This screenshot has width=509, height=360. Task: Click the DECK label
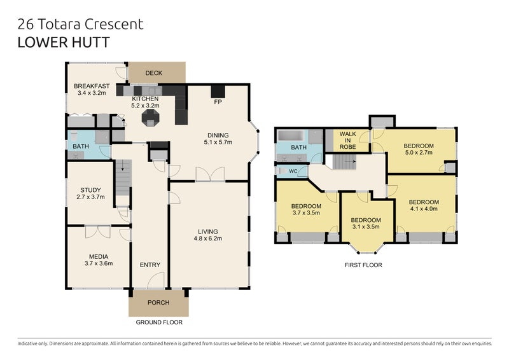[x=153, y=73]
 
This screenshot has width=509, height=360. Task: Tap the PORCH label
[x=158, y=303]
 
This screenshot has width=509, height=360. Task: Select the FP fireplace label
[x=218, y=102]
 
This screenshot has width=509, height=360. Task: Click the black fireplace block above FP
[x=218, y=91]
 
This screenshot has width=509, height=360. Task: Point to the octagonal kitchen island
[x=150, y=118]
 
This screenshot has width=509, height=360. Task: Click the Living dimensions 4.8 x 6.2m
[x=208, y=239]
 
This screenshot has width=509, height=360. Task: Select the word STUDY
[x=90, y=190]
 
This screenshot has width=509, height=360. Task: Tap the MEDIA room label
[x=99, y=257]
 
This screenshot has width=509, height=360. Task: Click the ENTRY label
[x=150, y=265]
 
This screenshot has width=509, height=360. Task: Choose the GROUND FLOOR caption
[x=159, y=322]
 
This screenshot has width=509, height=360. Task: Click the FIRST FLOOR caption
[x=363, y=265]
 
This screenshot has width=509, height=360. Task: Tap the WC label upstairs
[x=293, y=171]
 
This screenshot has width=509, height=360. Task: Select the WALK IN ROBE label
[x=347, y=140]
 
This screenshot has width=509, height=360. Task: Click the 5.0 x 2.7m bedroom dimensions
[x=419, y=152]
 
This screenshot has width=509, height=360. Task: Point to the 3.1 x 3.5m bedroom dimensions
[x=365, y=227]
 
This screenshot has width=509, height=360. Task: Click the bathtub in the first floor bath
[x=291, y=135]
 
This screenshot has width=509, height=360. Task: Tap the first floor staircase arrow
[x=351, y=161]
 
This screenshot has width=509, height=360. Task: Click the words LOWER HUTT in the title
[x=64, y=43]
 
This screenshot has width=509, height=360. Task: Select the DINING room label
[x=218, y=135]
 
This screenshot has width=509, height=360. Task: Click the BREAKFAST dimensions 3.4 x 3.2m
[x=92, y=93]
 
